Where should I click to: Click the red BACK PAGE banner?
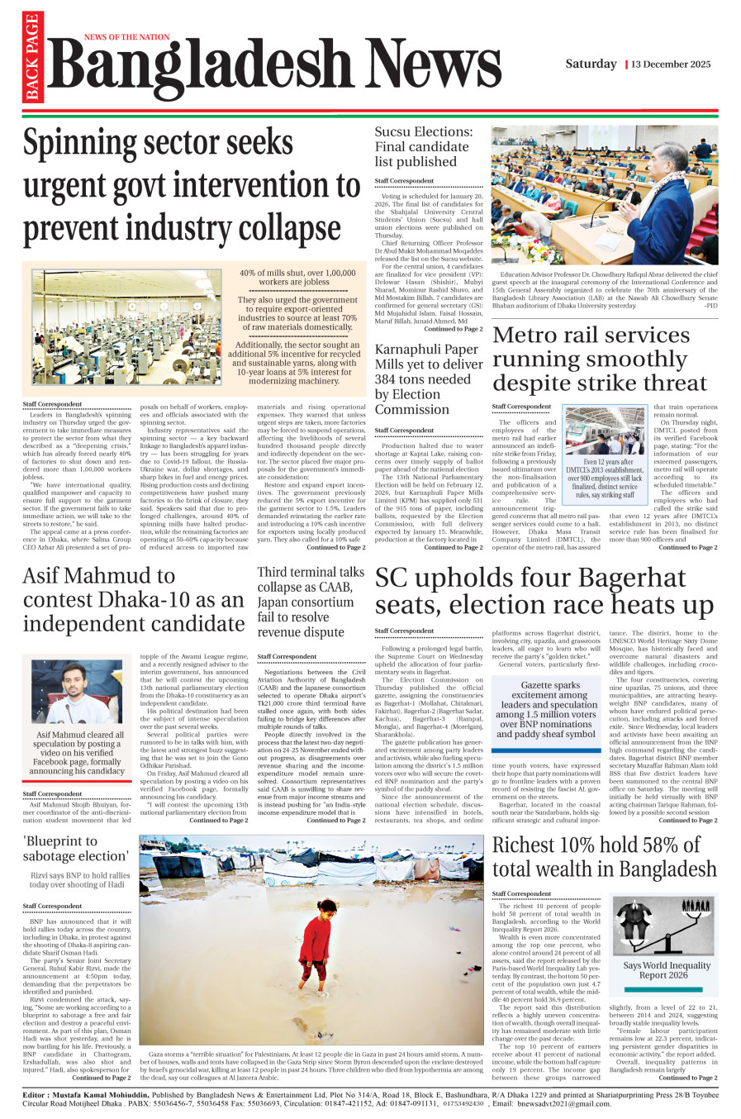coord(33,59)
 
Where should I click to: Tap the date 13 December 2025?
coord(671,64)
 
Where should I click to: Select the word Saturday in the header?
coord(591,64)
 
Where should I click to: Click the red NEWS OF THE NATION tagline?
coord(126,37)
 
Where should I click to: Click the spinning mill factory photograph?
coord(127,326)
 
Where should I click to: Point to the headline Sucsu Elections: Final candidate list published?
coord(424,146)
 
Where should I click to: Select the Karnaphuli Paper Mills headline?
coord(428,379)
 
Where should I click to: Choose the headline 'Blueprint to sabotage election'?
coord(75,848)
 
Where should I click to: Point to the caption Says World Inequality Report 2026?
coord(666,969)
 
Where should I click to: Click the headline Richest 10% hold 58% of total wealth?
coord(604,857)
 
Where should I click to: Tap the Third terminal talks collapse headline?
coord(310,602)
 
